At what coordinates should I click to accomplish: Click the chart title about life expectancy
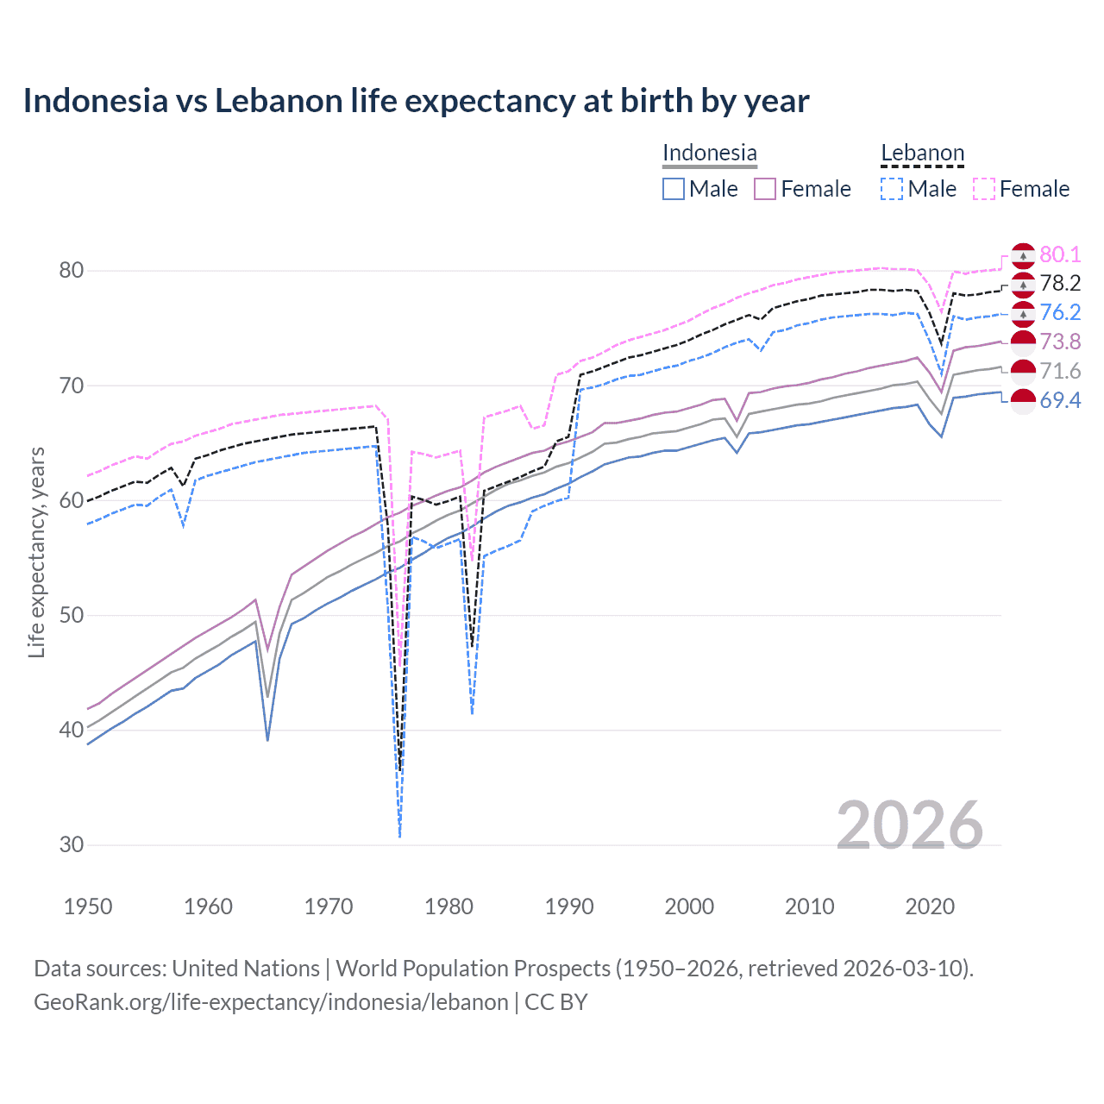pyautogui.click(x=416, y=101)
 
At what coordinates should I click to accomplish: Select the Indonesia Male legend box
pyautogui.click(x=674, y=189)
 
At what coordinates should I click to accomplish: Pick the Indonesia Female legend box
pyautogui.click(x=765, y=189)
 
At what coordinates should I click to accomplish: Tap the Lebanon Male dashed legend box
pyautogui.click(x=892, y=189)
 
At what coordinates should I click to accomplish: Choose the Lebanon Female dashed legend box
pyautogui.click(x=984, y=189)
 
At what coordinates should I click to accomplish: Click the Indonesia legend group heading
pyautogui.click(x=709, y=153)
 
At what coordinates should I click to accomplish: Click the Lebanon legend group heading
pyautogui.click(x=922, y=153)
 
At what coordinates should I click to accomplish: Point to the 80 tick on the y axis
pyautogui.click(x=71, y=271)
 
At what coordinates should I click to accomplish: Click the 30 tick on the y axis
pyautogui.click(x=71, y=845)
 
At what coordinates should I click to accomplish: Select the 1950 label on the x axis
pyautogui.click(x=88, y=906)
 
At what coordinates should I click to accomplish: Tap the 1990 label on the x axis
pyautogui.click(x=569, y=906)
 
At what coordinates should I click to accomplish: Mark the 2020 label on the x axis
pyautogui.click(x=930, y=906)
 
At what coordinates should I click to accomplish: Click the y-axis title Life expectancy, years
pyautogui.click(x=37, y=552)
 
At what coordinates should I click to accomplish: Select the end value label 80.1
pyautogui.click(x=1060, y=254)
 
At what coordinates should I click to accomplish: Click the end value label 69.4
pyautogui.click(x=1060, y=400)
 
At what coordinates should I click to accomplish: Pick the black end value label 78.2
pyautogui.click(x=1060, y=284)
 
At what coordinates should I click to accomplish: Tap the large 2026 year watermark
pyautogui.click(x=909, y=825)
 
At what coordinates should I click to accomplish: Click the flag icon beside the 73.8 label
pyautogui.click(x=1023, y=342)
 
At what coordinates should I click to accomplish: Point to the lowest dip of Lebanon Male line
pyautogui.click(x=399, y=835)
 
